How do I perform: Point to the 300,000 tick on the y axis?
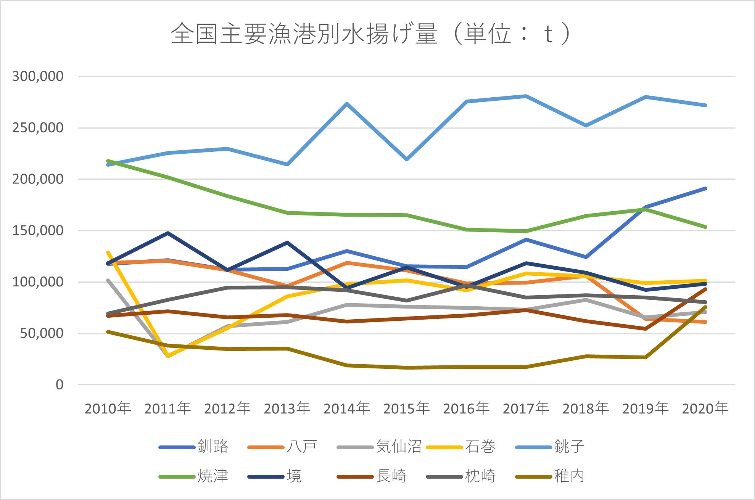[38, 76]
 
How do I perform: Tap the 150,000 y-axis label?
[38, 230]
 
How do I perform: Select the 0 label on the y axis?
[59, 384]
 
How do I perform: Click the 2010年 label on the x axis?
[108, 408]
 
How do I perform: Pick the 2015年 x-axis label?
[406, 408]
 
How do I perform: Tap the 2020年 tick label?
[705, 408]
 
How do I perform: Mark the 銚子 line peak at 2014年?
[347, 103]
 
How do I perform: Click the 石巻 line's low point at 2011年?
[168, 356]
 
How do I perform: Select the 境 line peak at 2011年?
[168, 233]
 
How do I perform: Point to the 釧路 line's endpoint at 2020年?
[705, 188]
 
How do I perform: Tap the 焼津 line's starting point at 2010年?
[108, 161]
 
